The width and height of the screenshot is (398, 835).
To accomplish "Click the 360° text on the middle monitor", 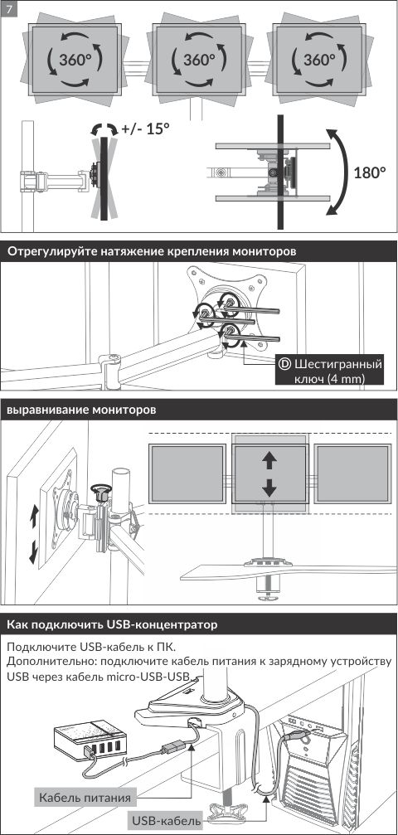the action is point(199,59).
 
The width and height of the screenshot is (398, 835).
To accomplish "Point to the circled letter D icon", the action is point(285,364).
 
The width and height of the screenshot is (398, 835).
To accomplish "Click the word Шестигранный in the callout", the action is point(338,366).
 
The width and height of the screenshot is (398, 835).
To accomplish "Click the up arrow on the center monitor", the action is point(269,461).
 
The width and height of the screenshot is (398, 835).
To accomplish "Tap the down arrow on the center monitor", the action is point(269,487).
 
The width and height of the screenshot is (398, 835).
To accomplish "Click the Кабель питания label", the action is point(85,798).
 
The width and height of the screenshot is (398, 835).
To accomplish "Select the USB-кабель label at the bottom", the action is point(165,821).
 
